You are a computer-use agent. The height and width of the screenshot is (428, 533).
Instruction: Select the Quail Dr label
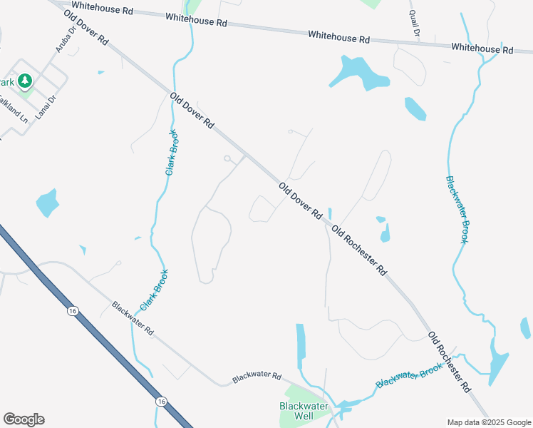(415, 24)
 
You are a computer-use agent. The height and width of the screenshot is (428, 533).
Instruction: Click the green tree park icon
(26, 81)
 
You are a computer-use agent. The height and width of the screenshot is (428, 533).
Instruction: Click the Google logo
(24, 419)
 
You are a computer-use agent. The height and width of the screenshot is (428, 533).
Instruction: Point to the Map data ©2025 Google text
(488, 422)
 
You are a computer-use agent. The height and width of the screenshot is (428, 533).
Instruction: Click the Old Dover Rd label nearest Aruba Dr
(86, 29)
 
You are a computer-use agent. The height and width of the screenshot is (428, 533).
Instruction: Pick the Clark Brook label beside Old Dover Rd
(172, 152)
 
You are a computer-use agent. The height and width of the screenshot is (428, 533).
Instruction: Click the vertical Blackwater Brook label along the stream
(457, 210)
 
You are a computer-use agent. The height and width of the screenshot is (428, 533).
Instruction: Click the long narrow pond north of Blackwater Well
(301, 347)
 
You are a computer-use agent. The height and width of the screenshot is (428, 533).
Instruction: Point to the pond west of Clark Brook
(47, 203)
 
